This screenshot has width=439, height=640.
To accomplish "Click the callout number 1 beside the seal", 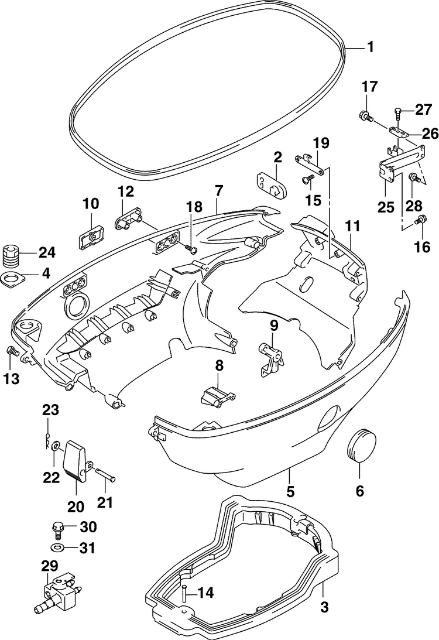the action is [371, 47].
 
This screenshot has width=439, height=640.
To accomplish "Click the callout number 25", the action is [386, 207].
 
